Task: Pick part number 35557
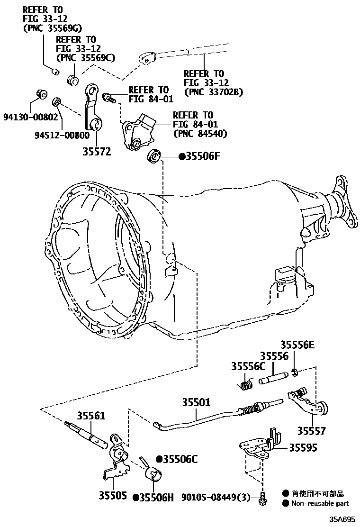point(312,431)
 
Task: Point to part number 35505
point(113,496)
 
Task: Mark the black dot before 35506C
point(159,459)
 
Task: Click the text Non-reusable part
point(320,503)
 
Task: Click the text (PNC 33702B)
point(213,92)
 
